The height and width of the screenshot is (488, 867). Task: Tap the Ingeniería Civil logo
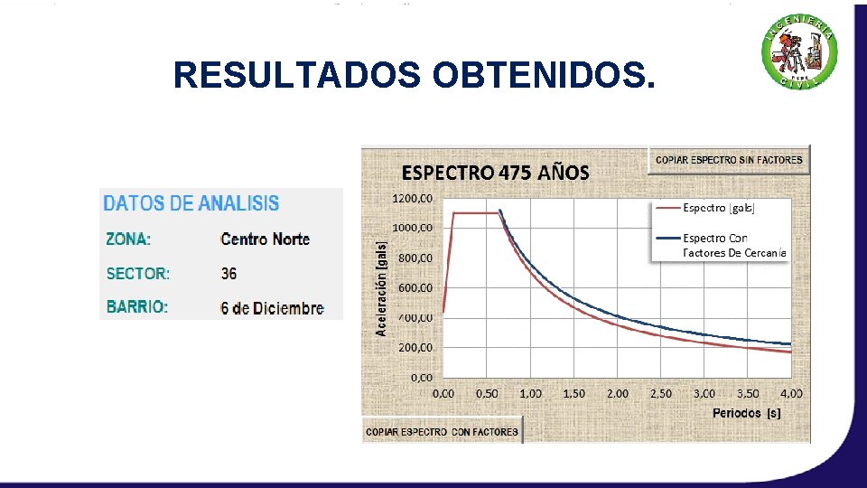[799, 55]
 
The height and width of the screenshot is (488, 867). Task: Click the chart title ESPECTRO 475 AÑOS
[495, 173]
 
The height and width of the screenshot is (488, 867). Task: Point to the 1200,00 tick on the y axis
[412, 198]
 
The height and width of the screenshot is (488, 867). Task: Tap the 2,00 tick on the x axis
[617, 394]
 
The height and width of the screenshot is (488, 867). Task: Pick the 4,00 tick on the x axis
[791, 394]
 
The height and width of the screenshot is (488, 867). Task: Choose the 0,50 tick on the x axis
[487, 394]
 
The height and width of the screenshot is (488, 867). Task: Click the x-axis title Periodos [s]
[747, 413]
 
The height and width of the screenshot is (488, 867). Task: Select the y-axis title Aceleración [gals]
[382, 287]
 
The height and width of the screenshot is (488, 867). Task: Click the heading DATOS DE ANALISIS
[191, 203]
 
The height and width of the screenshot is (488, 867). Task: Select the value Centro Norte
[265, 239]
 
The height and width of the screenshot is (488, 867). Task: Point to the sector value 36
[228, 273]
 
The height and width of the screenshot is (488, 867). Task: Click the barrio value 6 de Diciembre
[272, 308]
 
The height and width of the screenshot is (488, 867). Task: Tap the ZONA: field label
[128, 239]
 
